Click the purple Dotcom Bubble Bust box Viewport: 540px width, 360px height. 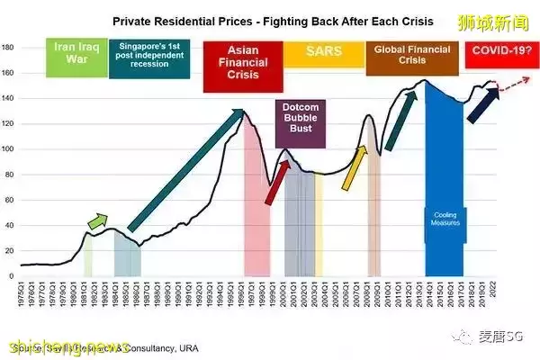point(301,123)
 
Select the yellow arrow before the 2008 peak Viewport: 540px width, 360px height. point(355,169)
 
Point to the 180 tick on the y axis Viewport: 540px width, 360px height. point(10,47)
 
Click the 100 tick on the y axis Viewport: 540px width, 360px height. point(10,148)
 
